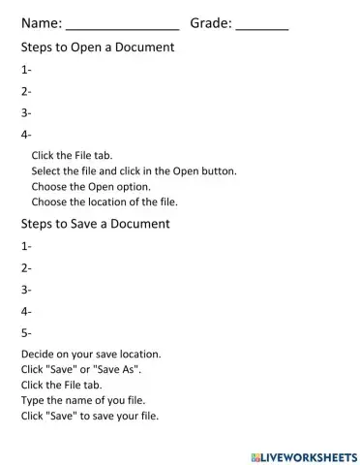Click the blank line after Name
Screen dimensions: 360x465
123,23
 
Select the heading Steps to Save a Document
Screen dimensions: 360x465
95,224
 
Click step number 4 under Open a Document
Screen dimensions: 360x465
26,136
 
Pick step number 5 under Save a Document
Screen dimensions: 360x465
26,333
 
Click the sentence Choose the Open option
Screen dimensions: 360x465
91,186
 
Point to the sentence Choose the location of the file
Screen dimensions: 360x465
105,202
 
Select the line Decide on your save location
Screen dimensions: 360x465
91,354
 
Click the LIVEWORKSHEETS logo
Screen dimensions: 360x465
303,454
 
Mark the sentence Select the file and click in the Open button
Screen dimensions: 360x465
134,170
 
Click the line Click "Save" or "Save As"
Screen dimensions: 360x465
81,369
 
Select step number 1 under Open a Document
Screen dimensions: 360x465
26,70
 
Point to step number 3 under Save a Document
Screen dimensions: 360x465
26,290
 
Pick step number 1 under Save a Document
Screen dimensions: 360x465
26,246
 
